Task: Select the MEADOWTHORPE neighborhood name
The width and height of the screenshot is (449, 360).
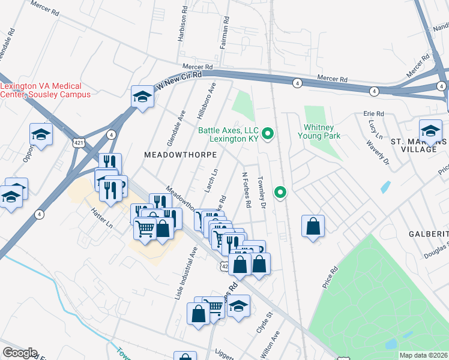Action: click(172, 154)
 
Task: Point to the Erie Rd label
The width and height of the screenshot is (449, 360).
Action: click(373, 113)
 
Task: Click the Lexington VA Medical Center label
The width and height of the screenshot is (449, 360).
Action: click(46, 90)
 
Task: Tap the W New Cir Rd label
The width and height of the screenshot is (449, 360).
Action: click(178, 80)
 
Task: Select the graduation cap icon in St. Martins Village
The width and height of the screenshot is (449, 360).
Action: click(430, 129)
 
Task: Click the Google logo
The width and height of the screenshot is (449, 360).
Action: click(20, 353)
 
